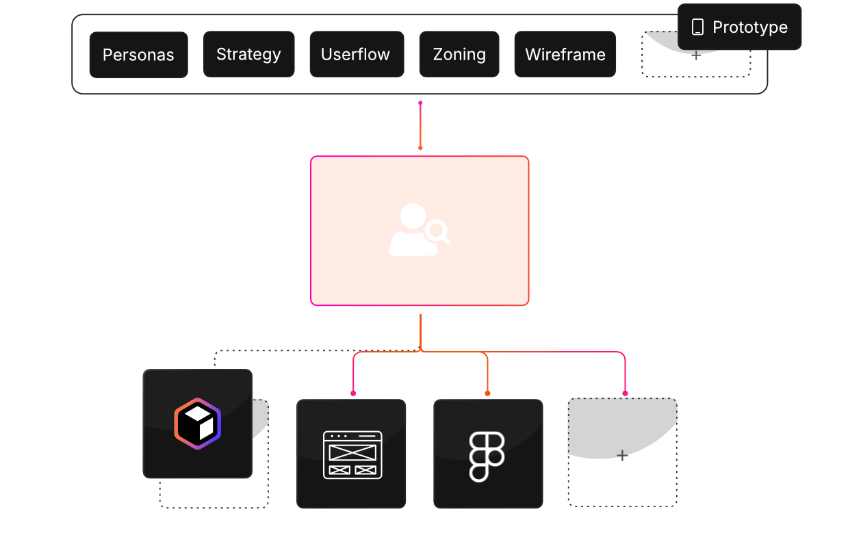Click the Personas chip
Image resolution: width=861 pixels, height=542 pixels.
pos(138,55)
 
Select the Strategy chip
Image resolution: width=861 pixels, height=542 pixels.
pos(248,54)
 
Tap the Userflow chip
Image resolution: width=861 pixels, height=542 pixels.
pos(356,54)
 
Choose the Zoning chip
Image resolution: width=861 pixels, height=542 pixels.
pos(459,54)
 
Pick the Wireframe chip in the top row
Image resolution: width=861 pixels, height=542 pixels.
pos(565,54)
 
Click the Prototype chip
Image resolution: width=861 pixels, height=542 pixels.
pos(740,27)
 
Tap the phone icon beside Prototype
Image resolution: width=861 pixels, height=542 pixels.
pos(697,27)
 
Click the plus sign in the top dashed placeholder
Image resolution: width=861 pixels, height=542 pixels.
pos(696,55)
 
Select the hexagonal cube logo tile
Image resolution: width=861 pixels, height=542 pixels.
pos(198,424)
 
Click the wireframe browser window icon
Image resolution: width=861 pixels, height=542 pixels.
pos(352,454)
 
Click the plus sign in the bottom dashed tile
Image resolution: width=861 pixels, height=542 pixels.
pos(622,456)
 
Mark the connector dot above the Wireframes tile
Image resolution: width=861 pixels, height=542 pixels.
pos(353,393)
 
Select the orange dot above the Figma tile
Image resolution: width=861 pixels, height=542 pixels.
pos(487,393)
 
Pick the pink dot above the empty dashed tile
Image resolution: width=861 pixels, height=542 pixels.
pos(625,393)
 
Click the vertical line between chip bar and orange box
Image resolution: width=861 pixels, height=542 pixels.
pos(420,125)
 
